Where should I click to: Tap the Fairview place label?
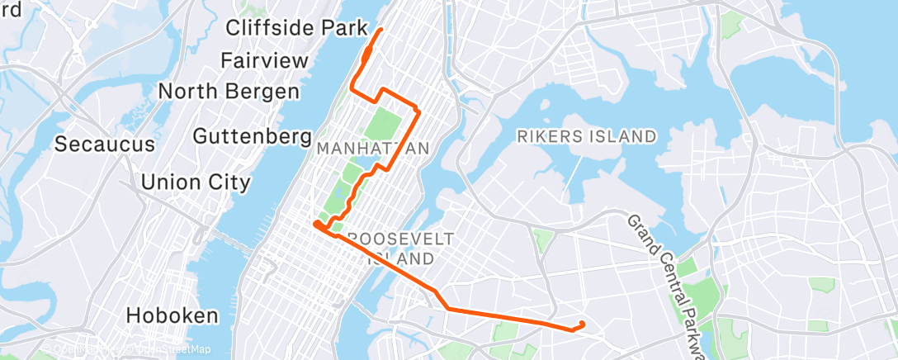(x=264, y=60)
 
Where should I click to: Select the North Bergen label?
(x=229, y=91)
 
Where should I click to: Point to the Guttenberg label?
(x=253, y=135)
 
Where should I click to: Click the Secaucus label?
(x=105, y=144)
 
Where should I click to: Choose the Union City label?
(x=196, y=182)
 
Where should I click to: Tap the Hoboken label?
(x=173, y=315)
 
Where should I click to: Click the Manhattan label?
(x=372, y=149)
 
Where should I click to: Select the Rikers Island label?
(x=587, y=136)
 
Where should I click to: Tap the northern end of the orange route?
(x=380, y=30)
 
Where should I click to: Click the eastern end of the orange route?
(x=583, y=324)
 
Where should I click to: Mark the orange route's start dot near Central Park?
(x=317, y=223)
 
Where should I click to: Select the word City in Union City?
(x=230, y=182)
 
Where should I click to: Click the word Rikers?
(x=547, y=136)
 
